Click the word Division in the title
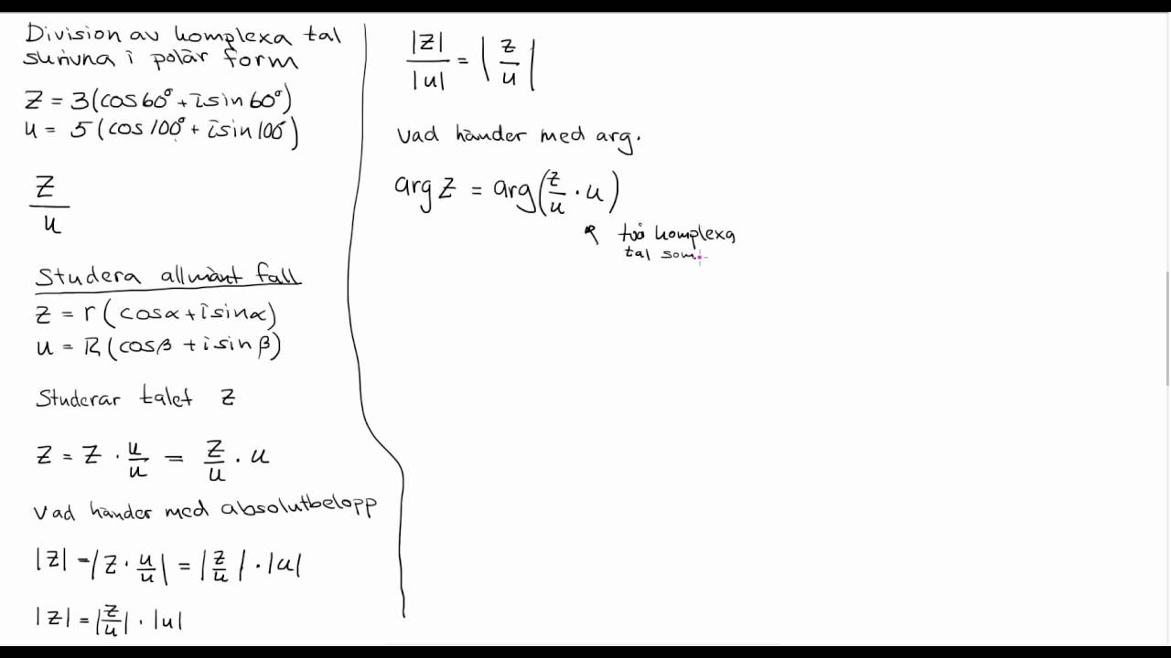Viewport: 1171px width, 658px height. (73, 35)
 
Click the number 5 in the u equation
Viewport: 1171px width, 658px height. (79, 131)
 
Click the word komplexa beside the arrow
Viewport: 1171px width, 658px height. (694, 235)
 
